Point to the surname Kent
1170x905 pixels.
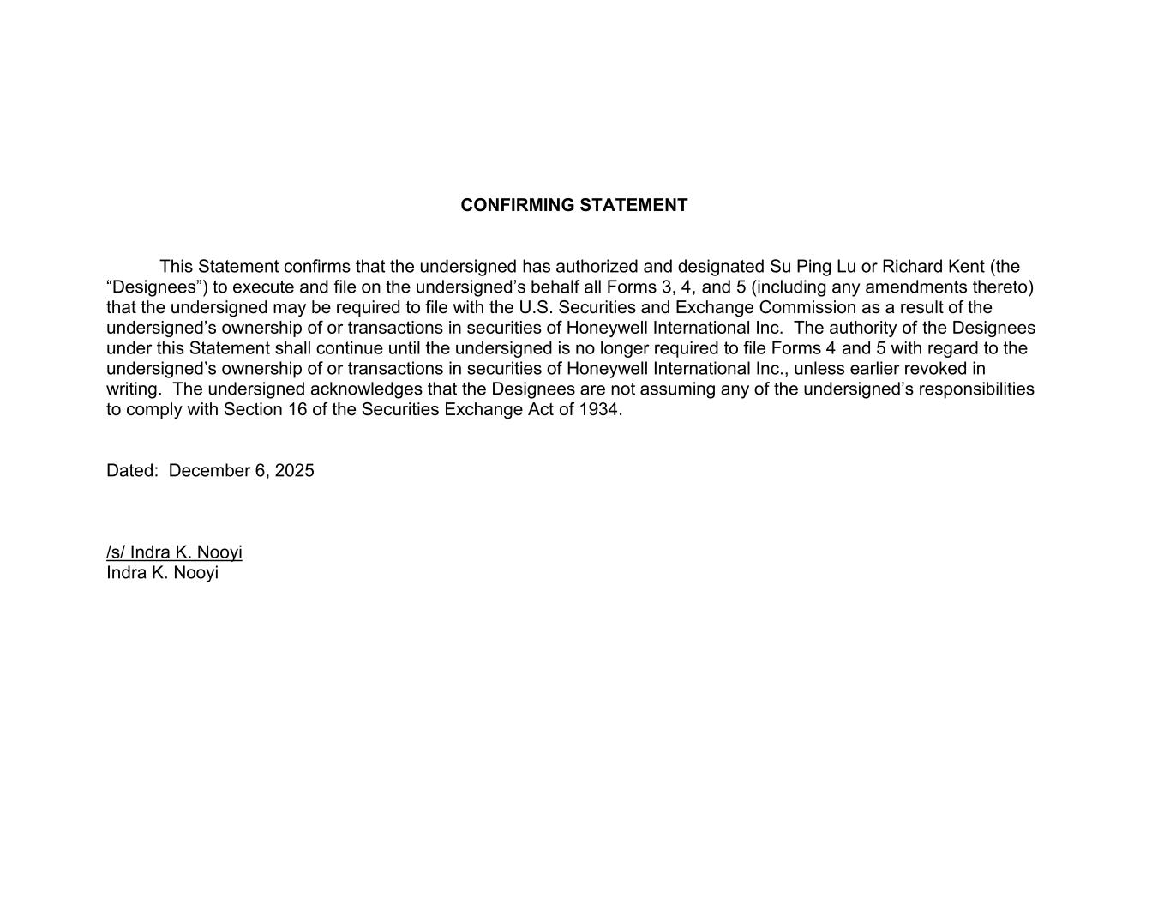[x=966, y=267]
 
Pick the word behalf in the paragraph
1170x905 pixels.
[x=555, y=287]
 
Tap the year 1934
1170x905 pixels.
[x=600, y=410]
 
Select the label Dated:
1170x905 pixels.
[x=132, y=471]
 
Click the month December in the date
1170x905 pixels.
[x=209, y=471]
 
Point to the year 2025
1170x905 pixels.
[x=294, y=471]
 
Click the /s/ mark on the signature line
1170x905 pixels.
[x=116, y=552]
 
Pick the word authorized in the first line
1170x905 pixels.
[x=596, y=267]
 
